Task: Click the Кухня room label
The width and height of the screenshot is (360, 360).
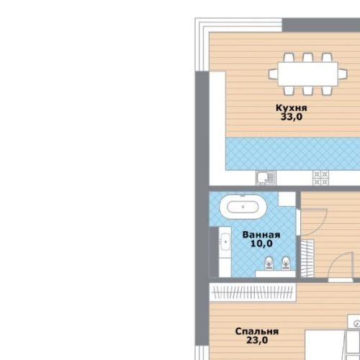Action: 292,108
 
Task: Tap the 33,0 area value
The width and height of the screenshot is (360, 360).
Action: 292,117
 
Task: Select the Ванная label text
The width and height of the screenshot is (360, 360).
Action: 261,235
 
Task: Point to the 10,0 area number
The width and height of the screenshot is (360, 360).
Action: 261,243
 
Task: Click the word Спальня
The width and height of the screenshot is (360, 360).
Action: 257,331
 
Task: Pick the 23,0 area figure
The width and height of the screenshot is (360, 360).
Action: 257,340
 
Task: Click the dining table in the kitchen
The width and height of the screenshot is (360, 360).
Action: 308,74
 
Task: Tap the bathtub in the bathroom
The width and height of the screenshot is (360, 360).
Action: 243,207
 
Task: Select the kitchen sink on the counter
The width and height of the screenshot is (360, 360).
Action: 266,178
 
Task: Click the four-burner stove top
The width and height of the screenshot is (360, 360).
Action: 320,178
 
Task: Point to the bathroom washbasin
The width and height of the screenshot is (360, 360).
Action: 225,242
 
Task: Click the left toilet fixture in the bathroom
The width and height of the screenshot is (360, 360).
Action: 269,264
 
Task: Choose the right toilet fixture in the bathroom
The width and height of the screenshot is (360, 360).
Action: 285,264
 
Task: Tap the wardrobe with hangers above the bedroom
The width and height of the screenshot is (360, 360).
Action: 253,292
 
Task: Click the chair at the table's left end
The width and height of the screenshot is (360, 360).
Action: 273,74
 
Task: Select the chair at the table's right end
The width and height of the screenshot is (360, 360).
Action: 343,74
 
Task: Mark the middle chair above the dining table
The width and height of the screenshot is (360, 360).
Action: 307,58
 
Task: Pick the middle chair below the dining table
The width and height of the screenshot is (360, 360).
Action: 307,90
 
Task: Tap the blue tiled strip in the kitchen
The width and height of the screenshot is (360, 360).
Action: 292,154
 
